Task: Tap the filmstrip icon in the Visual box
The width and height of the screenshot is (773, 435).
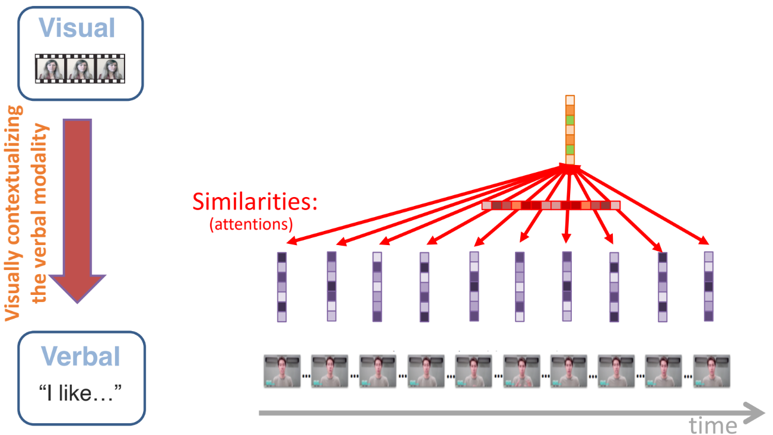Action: [80, 68]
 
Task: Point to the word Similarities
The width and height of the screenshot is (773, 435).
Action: [255, 203]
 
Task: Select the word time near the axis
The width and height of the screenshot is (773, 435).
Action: [713, 425]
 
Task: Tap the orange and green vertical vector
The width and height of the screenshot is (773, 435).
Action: [570, 129]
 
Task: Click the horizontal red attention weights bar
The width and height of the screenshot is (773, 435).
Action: [551, 205]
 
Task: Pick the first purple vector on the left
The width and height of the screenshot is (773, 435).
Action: [282, 287]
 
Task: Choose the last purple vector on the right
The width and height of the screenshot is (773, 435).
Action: [708, 287]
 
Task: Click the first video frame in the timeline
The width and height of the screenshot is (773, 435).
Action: [282, 372]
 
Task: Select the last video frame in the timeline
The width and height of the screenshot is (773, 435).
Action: [711, 372]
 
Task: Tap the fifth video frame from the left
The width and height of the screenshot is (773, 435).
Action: [473, 372]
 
